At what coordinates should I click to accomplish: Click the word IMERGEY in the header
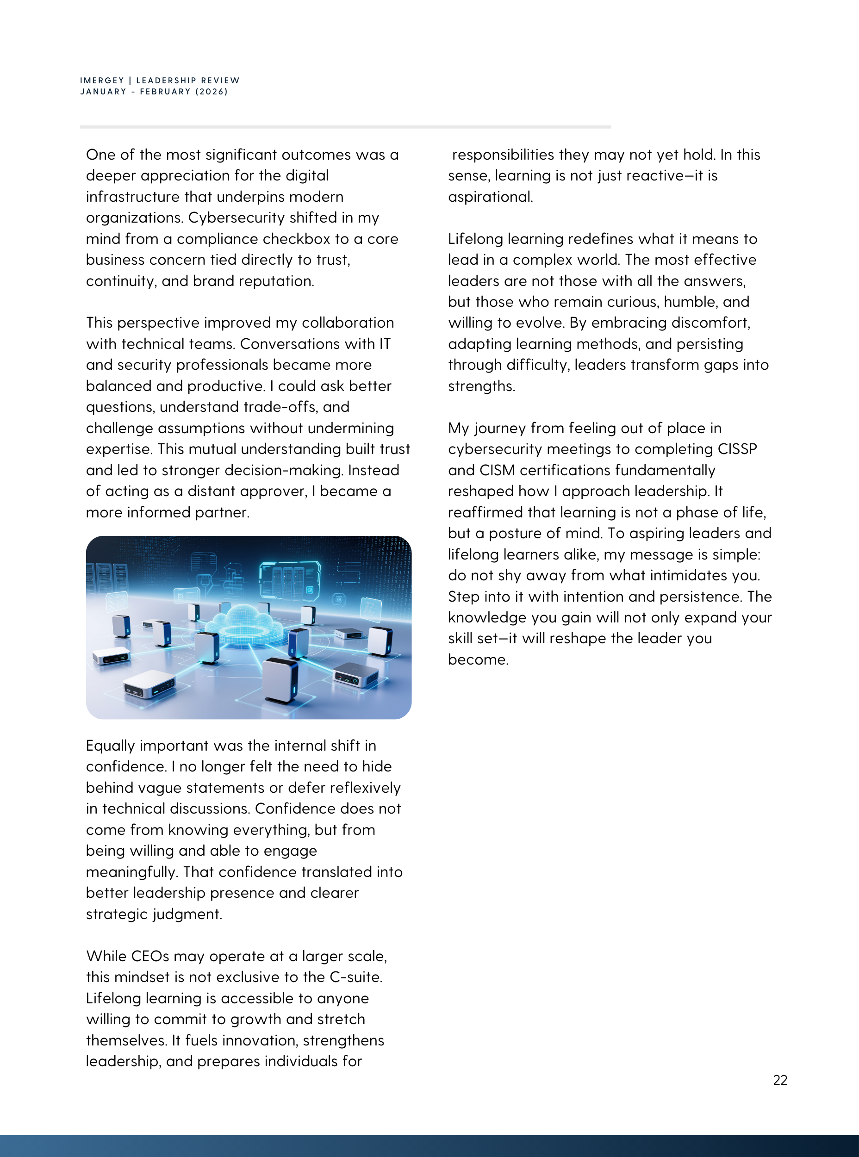coord(102,81)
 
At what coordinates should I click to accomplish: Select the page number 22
coord(780,1080)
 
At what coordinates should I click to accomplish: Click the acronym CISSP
coord(737,449)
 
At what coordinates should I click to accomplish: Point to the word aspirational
coord(490,197)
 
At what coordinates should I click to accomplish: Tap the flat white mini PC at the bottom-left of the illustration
coord(149,684)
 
